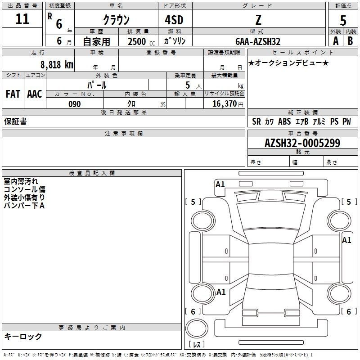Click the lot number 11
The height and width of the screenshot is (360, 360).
tap(22, 19)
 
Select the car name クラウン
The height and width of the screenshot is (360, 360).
tap(116, 20)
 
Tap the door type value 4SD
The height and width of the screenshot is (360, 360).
tap(174, 20)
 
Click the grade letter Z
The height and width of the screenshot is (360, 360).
tap(258, 20)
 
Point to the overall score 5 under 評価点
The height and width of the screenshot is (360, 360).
tap(343, 21)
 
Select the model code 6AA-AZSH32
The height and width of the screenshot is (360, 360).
tap(258, 41)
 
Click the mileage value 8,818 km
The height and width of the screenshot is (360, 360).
tap(57, 65)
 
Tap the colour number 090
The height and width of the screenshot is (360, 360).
tap(75, 104)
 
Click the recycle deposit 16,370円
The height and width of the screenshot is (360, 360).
tap(228, 104)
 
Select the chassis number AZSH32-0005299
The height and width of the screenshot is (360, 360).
tap(302, 143)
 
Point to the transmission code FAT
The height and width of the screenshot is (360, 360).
tap(13, 94)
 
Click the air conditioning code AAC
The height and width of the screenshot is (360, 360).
tap(35, 94)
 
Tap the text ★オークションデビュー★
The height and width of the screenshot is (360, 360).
tap(288, 63)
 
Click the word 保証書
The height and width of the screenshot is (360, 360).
tap(15, 121)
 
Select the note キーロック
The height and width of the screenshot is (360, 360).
tap(23, 336)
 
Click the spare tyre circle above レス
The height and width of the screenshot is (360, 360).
tap(197, 328)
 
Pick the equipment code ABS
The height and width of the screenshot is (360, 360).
tap(284, 121)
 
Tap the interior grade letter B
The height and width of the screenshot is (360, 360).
tap(350, 41)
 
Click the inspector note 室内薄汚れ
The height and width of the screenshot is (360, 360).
tap(21, 181)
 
